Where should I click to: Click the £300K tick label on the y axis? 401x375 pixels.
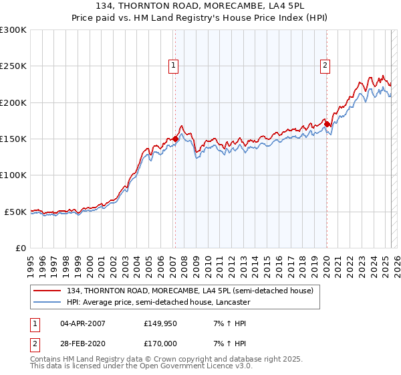tap(13, 30)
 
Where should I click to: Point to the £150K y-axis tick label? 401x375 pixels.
tap(13, 139)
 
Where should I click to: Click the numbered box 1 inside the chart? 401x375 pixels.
tap(174, 66)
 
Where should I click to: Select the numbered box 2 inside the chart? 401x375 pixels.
tap(325, 66)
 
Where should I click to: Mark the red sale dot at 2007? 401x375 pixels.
tap(175, 139)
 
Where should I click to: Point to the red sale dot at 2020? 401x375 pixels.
tap(327, 124)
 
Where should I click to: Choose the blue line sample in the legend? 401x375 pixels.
tap(48, 302)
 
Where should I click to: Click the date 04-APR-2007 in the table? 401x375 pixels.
tap(83, 323)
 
